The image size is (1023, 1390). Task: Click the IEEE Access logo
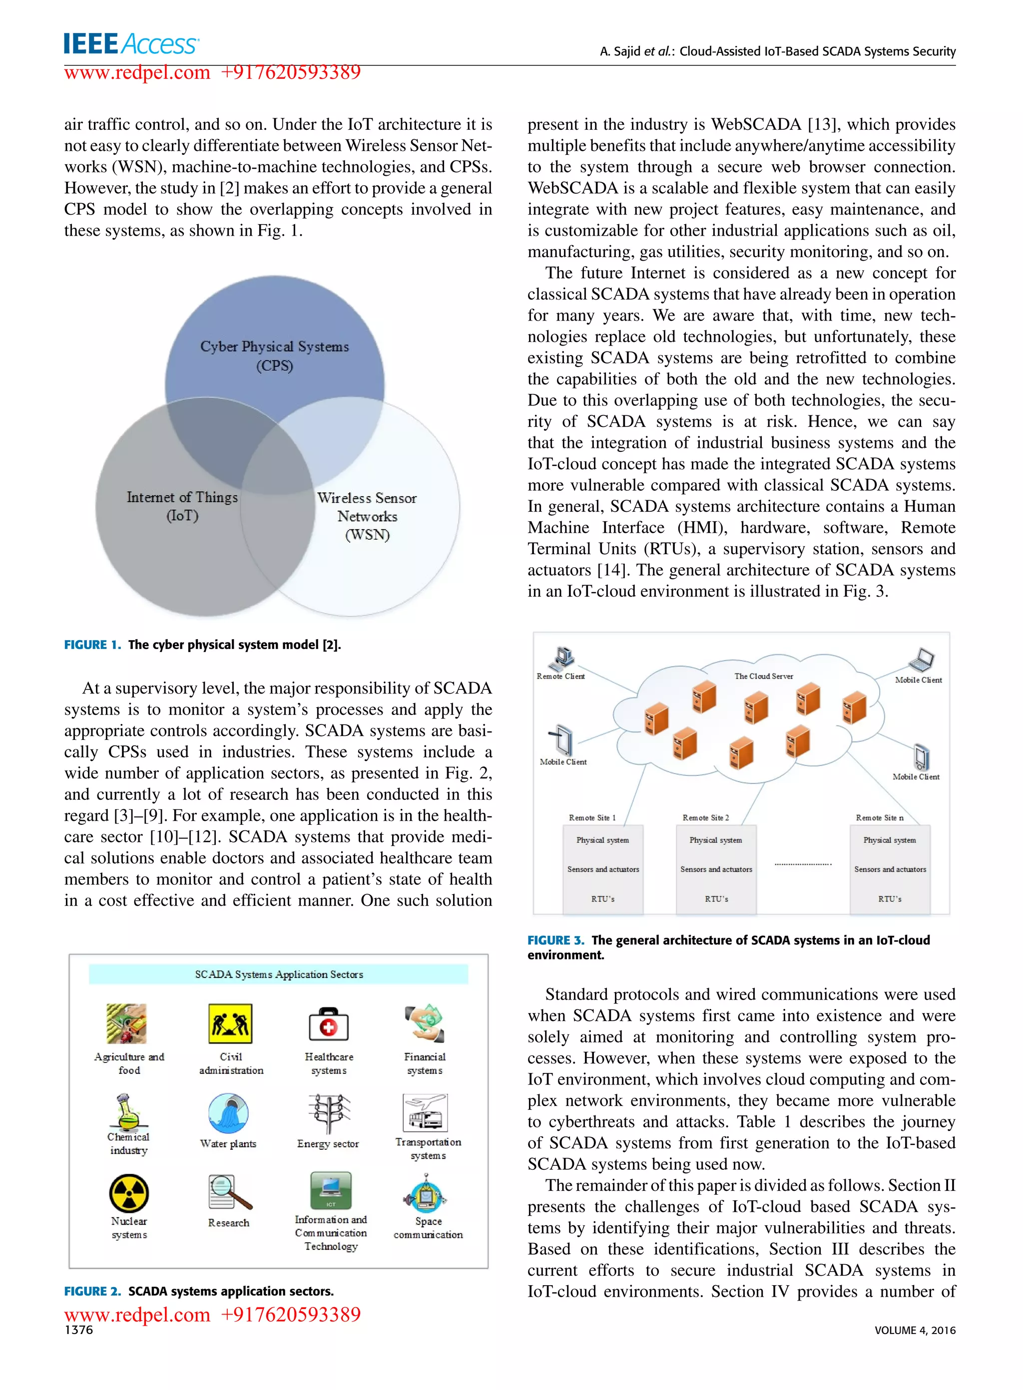point(131,44)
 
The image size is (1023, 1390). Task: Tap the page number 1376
point(78,1330)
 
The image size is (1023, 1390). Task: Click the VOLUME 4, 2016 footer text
point(915,1330)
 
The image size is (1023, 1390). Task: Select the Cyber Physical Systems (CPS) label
point(274,355)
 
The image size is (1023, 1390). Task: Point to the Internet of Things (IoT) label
point(182,506)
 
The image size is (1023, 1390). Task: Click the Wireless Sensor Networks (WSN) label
point(367,516)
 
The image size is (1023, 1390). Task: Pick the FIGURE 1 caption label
point(92,644)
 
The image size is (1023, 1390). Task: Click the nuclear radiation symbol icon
point(129,1193)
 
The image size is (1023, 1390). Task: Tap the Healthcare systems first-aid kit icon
point(328,1024)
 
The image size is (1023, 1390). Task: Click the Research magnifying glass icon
point(229,1192)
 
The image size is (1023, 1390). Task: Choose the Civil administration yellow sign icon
point(230,1023)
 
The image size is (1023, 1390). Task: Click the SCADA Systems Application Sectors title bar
point(279,974)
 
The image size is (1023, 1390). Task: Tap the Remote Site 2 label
point(705,817)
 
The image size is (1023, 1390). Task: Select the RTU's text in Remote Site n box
point(889,899)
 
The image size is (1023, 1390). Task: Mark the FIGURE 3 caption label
point(555,940)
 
